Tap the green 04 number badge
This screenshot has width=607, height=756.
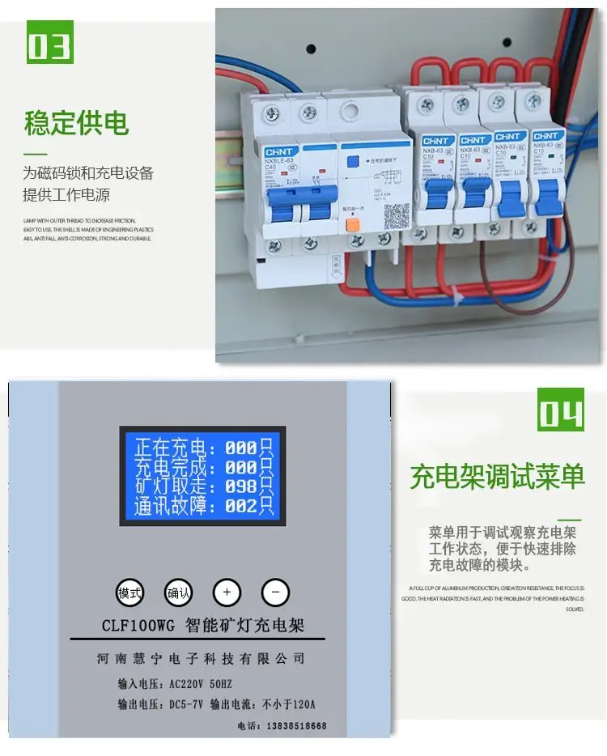coord(559,412)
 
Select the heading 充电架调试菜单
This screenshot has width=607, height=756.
coord(497,476)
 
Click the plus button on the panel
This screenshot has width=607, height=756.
coord(227,592)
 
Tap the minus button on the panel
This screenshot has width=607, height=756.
coord(275,592)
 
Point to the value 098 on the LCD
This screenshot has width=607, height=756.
coord(240,487)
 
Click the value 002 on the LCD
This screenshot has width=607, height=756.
coord(240,508)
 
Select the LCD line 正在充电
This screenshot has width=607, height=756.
coord(174,448)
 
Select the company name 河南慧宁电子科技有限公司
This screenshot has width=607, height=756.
coord(200,660)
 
